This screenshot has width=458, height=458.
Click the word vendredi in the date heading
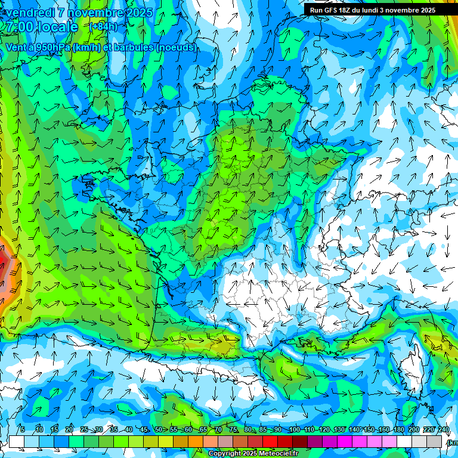point(30,13)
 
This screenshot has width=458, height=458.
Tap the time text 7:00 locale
point(42,27)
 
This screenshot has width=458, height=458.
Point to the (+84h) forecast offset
point(103,27)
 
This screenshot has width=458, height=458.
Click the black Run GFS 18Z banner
point(373,10)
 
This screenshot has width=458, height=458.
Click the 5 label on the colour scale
point(22,429)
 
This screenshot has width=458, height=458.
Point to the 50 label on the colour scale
point(159,429)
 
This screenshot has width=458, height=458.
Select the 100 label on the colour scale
point(294,429)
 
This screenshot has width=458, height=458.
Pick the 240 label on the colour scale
point(444,429)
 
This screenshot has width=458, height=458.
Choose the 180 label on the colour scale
point(399,429)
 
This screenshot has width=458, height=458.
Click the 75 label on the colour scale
point(233,429)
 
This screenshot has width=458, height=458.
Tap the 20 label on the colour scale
point(69,429)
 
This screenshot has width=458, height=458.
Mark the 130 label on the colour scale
point(339,429)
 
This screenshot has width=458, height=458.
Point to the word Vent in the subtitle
point(16,47)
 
